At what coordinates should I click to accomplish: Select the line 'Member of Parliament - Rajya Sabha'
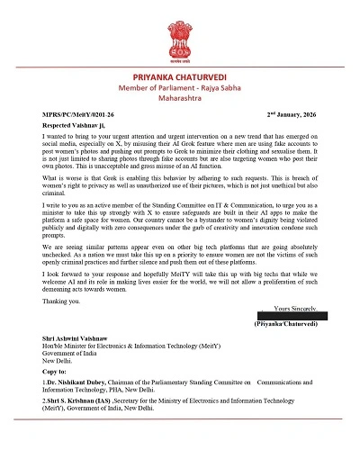[180, 93]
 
